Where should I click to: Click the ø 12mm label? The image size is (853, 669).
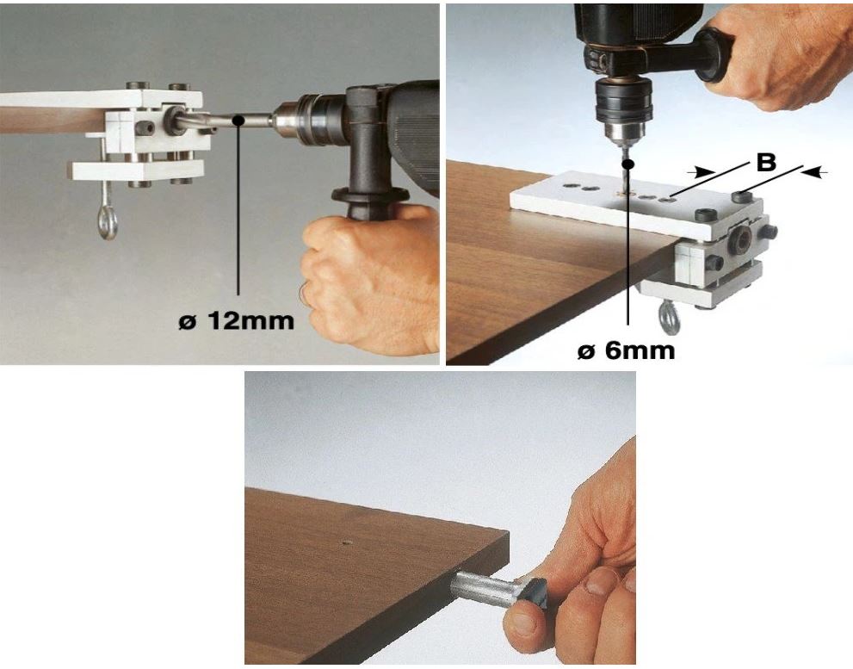(x=236, y=320)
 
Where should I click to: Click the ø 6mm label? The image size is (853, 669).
(x=626, y=351)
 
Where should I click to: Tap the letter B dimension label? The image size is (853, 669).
(x=766, y=162)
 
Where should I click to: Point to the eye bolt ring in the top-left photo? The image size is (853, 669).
(x=108, y=223)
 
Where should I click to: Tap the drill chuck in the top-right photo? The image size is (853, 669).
(x=624, y=108)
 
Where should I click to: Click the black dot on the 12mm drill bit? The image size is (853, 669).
(x=237, y=120)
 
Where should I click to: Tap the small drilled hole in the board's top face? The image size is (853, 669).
(x=346, y=542)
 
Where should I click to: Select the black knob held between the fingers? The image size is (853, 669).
(x=537, y=596)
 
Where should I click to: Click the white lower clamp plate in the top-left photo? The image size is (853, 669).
(x=136, y=170)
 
